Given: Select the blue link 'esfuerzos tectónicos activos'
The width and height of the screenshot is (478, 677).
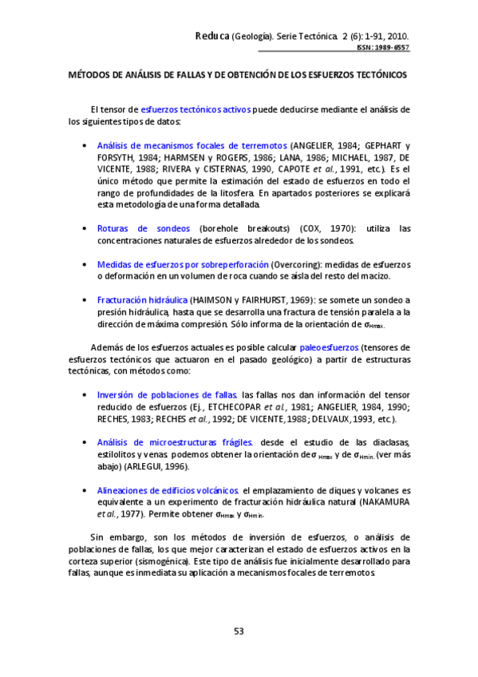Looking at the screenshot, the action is click(x=196, y=109).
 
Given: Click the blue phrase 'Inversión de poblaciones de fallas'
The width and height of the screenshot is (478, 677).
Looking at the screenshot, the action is click(x=167, y=394).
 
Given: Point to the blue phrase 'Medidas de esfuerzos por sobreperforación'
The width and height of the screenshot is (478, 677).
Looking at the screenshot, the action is click(x=183, y=264).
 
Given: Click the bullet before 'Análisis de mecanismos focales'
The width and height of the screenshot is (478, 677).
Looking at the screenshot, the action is click(x=85, y=145).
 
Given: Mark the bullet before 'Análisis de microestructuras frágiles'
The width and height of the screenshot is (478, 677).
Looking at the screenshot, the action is click(x=85, y=442).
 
